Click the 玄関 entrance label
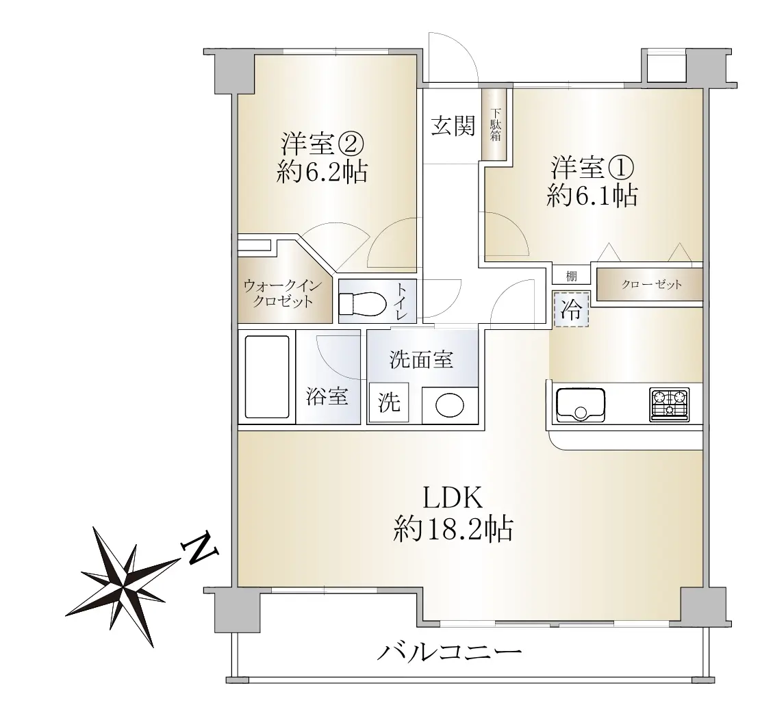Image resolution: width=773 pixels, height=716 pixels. tap(453, 126)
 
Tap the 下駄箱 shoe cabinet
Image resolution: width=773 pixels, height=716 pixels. tap(495, 124)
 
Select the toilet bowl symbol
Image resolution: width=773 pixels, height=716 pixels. tap(363, 303)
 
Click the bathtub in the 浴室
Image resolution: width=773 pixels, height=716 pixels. tap(267, 377)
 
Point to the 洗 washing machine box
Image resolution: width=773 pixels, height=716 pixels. tap(389, 402)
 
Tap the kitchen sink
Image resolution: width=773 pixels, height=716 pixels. tap(580, 405)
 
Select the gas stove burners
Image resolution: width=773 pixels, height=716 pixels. tap(670, 405)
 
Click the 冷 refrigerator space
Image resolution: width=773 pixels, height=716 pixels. tap(571, 309)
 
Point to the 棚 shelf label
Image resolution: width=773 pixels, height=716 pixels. tap(571, 275)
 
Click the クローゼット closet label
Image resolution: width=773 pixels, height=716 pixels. tap(651, 284)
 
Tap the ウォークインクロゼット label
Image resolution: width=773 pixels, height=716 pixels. tap(282, 293)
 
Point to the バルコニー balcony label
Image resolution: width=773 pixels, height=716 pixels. tap(449, 653)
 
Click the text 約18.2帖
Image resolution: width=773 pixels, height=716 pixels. tap(453, 529)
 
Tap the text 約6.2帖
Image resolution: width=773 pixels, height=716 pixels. tap(321, 172)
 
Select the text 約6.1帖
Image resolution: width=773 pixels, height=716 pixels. tap(592, 196)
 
